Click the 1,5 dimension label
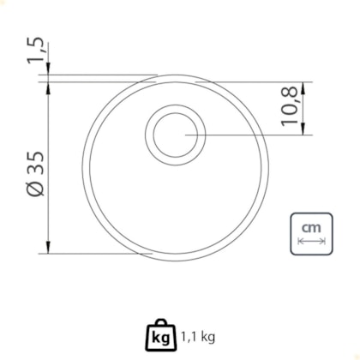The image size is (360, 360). pos(36,51)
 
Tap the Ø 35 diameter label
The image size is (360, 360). pos(36,174)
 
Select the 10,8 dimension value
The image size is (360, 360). pos(290,107)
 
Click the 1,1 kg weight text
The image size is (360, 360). pos(198,337)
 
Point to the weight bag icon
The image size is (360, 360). pos(161,335)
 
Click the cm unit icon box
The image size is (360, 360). pos(311,234)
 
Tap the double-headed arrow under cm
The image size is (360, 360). pos(311,242)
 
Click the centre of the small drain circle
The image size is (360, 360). pos(176,135)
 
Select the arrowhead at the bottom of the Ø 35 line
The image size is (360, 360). pos(49,248)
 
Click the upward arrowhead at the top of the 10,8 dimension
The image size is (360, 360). pos(303,88)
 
